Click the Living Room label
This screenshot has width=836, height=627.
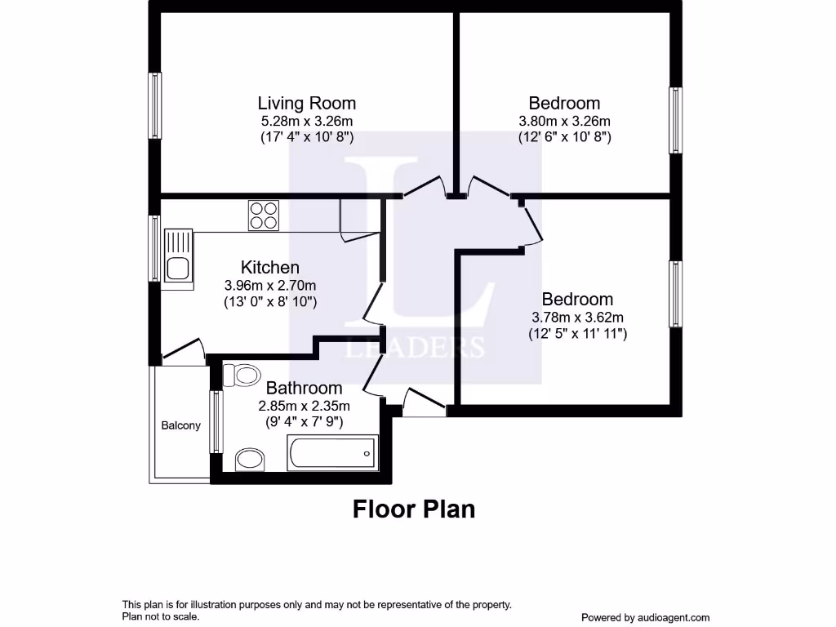[306, 104]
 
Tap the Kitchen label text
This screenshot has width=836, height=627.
[269, 268]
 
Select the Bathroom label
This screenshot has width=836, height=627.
[304, 388]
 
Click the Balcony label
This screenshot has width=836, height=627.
[180, 425]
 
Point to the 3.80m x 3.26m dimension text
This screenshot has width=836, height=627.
[564, 121]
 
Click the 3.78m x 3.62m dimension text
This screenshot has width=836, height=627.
[577, 317]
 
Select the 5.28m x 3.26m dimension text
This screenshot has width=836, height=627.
[306, 121]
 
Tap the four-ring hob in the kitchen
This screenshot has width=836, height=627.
[264, 216]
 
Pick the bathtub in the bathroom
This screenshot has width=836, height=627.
[332, 452]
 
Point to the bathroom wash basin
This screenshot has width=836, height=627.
[249, 460]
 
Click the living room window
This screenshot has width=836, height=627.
[154, 105]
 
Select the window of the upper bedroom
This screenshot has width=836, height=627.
[675, 120]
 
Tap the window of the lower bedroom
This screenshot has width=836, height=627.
[675, 294]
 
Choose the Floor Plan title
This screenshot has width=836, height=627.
[413, 509]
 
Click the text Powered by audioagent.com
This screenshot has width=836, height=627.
[645, 618]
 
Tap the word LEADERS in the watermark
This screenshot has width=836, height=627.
[416, 348]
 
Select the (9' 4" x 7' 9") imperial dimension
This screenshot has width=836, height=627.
[304, 422]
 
